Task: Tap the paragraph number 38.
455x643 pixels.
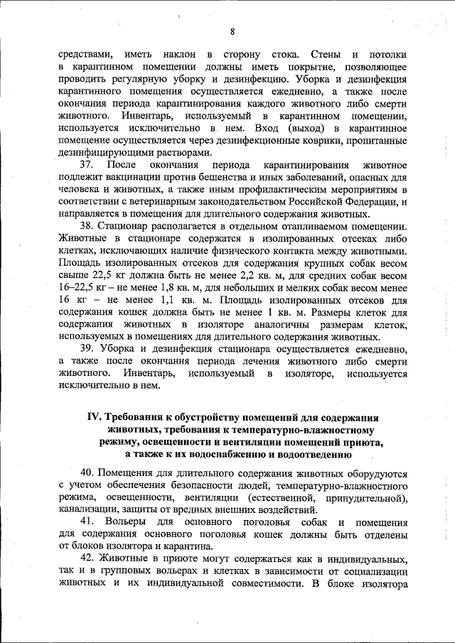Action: point(88,225)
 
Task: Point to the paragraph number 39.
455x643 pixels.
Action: point(88,349)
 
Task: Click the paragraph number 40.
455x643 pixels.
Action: point(87,472)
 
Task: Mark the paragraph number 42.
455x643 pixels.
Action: point(88,560)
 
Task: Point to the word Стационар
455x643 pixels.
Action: point(126,225)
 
